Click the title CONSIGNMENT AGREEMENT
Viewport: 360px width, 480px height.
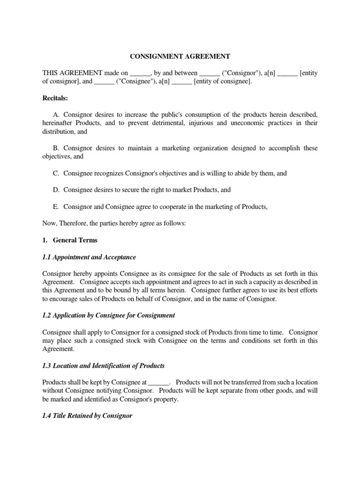point(180,57)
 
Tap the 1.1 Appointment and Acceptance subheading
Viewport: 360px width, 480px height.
point(89,257)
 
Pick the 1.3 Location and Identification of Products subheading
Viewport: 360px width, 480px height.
point(103,365)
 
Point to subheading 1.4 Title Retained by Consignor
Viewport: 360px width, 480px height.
point(88,415)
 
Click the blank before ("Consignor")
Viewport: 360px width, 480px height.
point(210,73)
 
